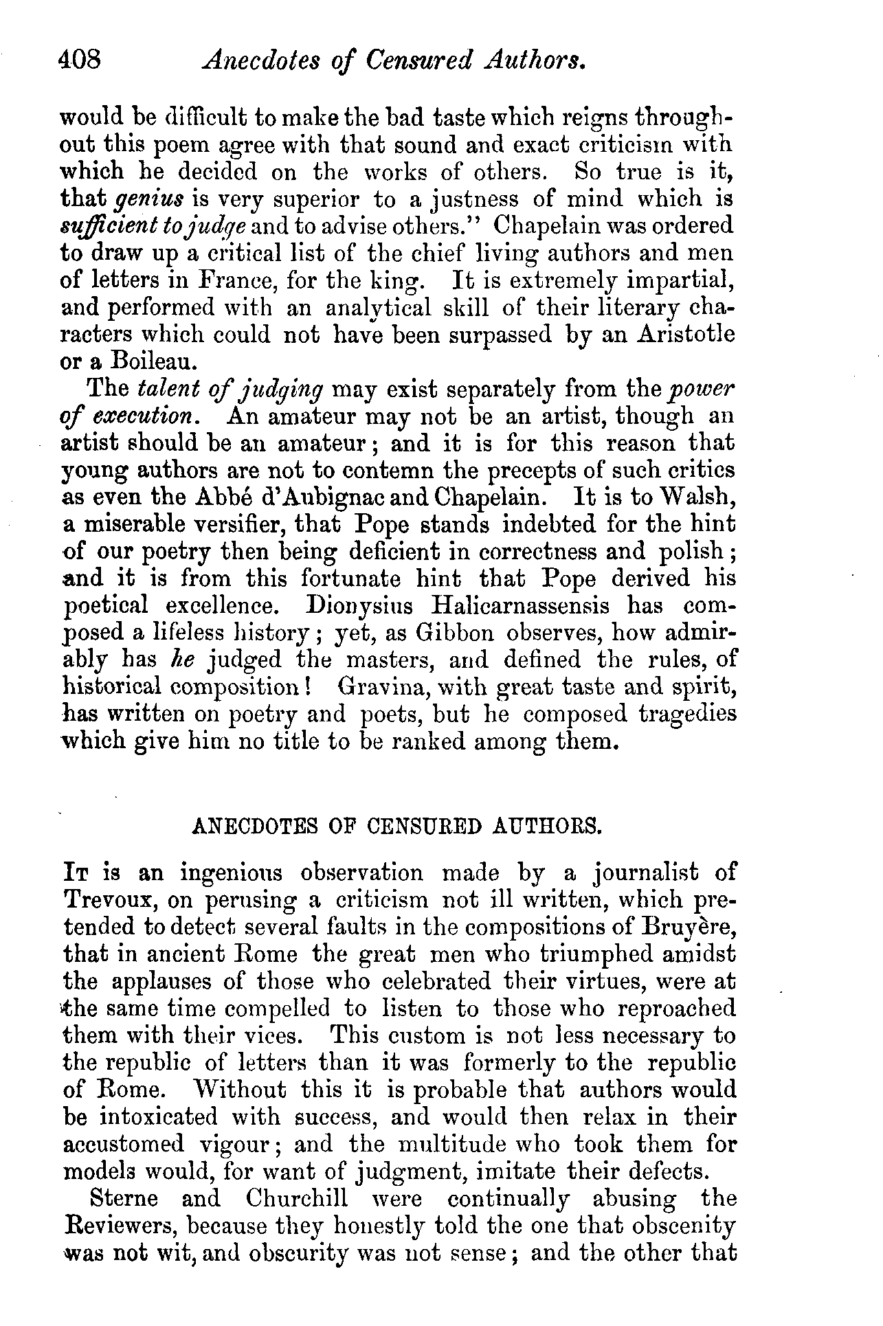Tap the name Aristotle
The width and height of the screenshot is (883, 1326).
coord(677,335)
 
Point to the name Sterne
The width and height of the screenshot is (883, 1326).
coord(124,1199)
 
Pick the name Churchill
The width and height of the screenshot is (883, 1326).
coord(296,1199)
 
